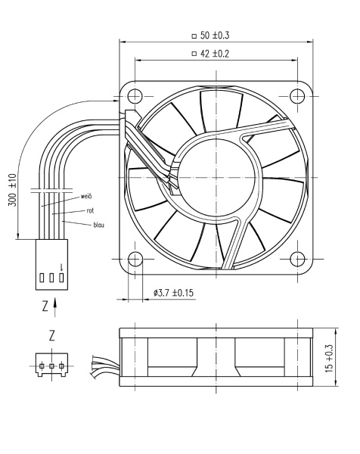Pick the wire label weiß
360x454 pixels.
(86, 196)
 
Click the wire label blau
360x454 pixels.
(98, 225)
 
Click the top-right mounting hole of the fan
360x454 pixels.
(296, 96)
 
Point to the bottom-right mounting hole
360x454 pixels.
(296, 257)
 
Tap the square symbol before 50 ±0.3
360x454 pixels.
(194, 35)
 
